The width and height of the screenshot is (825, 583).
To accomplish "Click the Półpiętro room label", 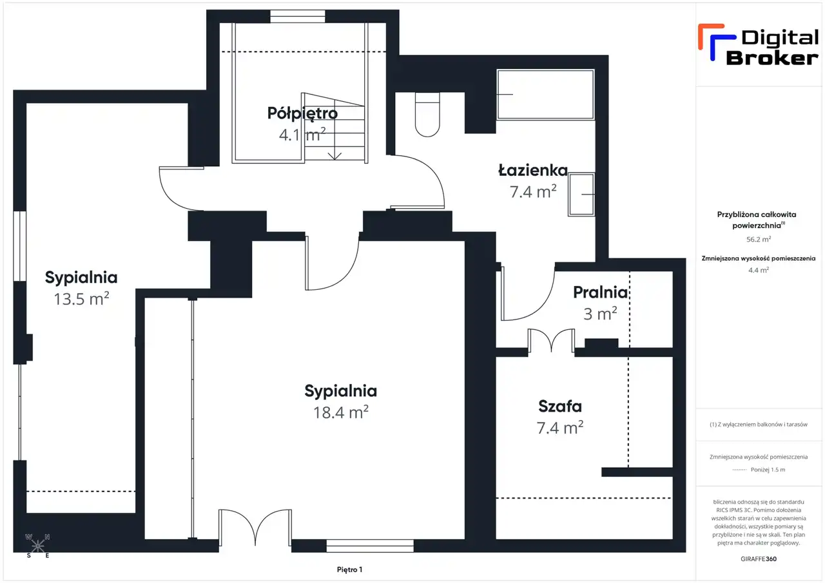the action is (302, 113).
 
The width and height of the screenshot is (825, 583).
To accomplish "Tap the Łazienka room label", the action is (533, 170).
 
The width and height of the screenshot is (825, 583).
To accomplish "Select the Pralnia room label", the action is (600, 292).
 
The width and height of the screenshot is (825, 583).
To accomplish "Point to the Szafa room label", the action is (560, 406).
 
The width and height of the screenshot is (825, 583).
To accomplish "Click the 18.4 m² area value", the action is (341, 412).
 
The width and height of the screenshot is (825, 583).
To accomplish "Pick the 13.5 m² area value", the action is (81, 298).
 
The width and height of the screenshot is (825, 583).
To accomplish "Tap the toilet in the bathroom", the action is (427, 115).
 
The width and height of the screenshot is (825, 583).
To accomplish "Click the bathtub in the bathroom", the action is (545, 95).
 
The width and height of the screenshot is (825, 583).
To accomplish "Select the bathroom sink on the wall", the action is (581, 195).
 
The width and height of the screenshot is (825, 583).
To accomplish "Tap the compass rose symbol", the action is (37, 546).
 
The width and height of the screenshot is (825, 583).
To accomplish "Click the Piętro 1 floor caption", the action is (349, 569).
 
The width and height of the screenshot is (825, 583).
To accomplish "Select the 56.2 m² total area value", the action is (759, 239).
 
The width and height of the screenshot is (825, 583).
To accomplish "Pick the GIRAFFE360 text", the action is (759, 559).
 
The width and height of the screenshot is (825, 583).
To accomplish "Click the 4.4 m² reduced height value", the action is (759, 270).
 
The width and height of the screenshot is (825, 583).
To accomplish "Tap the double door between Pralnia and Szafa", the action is (551, 341).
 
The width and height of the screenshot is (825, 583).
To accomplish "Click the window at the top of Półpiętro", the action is (298, 17).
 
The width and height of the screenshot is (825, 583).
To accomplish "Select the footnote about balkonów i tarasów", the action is (759, 425).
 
